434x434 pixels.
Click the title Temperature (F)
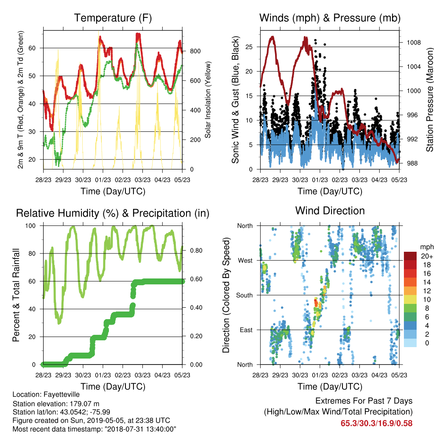pyautogui.click(x=113, y=18)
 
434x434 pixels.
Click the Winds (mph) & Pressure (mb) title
pyautogui.click(x=330, y=18)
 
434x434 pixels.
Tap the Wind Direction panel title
pyautogui.click(x=330, y=211)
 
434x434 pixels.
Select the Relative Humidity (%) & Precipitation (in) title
pyautogui.click(x=113, y=214)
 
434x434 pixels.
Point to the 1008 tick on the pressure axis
pyautogui.click(x=414, y=43)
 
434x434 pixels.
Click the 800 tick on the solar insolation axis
pyautogui.click(x=195, y=51)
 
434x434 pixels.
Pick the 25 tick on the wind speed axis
pyautogui.click(x=249, y=47)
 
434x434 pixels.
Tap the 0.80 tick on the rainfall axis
pyautogui.click(x=196, y=250)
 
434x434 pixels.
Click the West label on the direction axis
pyautogui.click(x=245, y=261)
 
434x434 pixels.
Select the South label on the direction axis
pyautogui.click(x=245, y=295)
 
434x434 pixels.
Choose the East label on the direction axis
pyautogui.click(x=246, y=330)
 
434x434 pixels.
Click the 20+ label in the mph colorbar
pyautogui.click(x=427, y=256)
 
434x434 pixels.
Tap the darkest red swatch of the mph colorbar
pyautogui.click(x=410, y=256)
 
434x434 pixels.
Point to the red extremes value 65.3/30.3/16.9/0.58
pyautogui.click(x=376, y=423)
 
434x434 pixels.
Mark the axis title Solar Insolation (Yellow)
pyautogui.click(x=208, y=100)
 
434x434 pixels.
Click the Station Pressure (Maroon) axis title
pyautogui.click(x=430, y=100)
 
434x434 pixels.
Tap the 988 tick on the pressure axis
pyautogui.click(x=412, y=163)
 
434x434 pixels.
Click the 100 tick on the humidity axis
pyautogui.click(x=31, y=226)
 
